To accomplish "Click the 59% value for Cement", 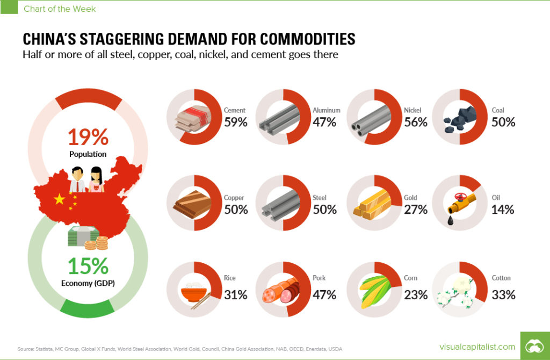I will pyautogui.click(x=235, y=122).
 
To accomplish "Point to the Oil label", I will pyautogui.click(x=496, y=198).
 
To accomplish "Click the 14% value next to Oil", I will pyautogui.click(x=503, y=209).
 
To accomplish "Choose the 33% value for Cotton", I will pyautogui.click(x=503, y=294).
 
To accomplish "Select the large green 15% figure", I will pyautogui.click(x=88, y=266).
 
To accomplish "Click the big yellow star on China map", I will pyautogui.click(x=59, y=200).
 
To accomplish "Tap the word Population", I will pyautogui.click(x=88, y=154).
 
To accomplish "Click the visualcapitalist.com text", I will pyautogui.click(x=477, y=347).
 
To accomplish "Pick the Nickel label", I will pyautogui.click(x=412, y=111).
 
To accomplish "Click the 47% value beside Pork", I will pyautogui.click(x=324, y=294).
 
